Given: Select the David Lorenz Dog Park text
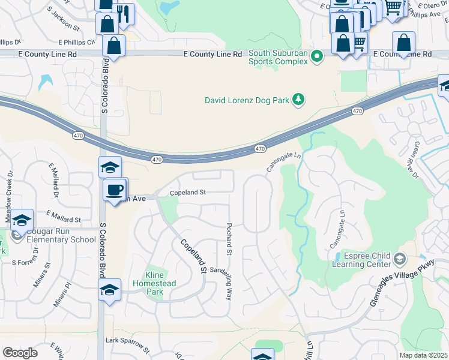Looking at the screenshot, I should coord(247,100).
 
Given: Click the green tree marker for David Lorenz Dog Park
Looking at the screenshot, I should coord(298,100).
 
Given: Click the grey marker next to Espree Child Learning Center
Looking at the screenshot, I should coord(400,259).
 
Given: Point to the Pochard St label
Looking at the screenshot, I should coord(229,236).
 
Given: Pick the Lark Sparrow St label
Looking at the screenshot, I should coord(127,343).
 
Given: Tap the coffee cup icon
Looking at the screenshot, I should coord(114,190).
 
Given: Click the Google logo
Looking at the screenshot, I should coord(20,353).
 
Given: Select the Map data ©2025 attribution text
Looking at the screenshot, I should coord(423,355).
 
